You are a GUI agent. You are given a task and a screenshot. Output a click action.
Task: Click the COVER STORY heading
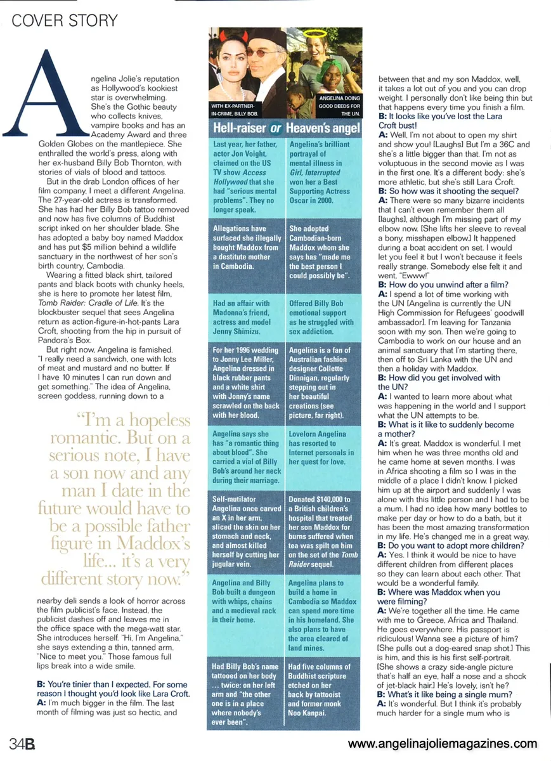(x=65, y=20)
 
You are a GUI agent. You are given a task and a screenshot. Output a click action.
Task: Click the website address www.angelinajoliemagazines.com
(x=442, y=743)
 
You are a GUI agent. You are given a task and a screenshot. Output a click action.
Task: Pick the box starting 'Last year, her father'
(x=246, y=178)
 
